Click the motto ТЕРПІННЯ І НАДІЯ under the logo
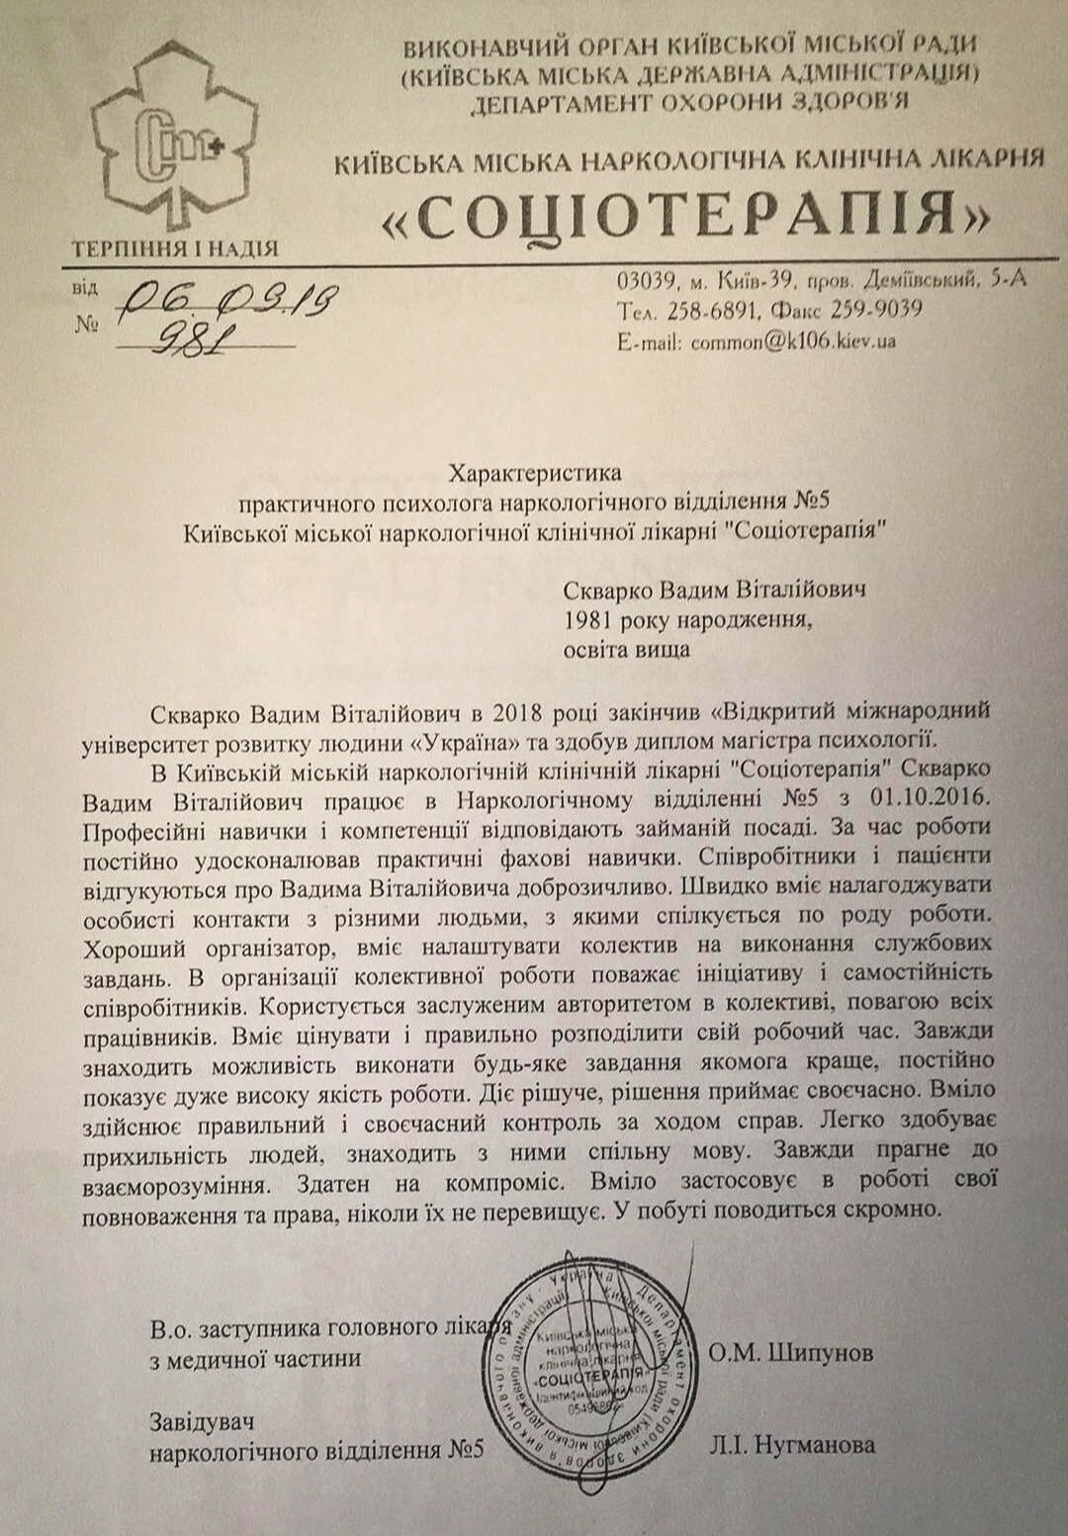[x=174, y=247]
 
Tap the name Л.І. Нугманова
[x=791, y=1445]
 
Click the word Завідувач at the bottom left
[x=202, y=1421]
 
